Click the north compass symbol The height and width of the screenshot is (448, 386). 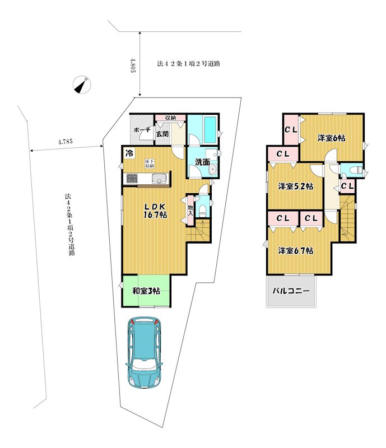(x=82, y=85)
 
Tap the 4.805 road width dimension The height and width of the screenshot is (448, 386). (x=133, y=66)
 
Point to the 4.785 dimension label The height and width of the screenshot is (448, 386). (x=65, y=142)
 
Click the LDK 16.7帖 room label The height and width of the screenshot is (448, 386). (x=155, y=211)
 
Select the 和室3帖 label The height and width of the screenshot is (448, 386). (x=146, y=291)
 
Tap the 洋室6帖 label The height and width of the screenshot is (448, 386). (x=332, y=138)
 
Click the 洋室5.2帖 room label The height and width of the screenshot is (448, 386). (x=296, y=186)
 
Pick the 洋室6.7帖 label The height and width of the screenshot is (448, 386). (x=296, y=251)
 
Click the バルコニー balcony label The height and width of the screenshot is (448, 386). (x=291, y=291)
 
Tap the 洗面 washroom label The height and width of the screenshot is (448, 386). (x=202, y=162)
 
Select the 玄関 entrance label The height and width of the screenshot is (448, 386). (x=162, y=134)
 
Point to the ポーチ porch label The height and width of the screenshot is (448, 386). (x=142, y=130)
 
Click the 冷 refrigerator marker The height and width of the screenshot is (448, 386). (x=129, y=153)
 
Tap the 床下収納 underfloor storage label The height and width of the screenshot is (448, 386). (x=149, y=164)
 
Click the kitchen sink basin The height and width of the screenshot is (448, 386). (x=159, y=179)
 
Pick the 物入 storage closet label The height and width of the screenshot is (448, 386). (x=190, y=210)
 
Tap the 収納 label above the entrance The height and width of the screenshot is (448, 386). (x=171, y=118)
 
